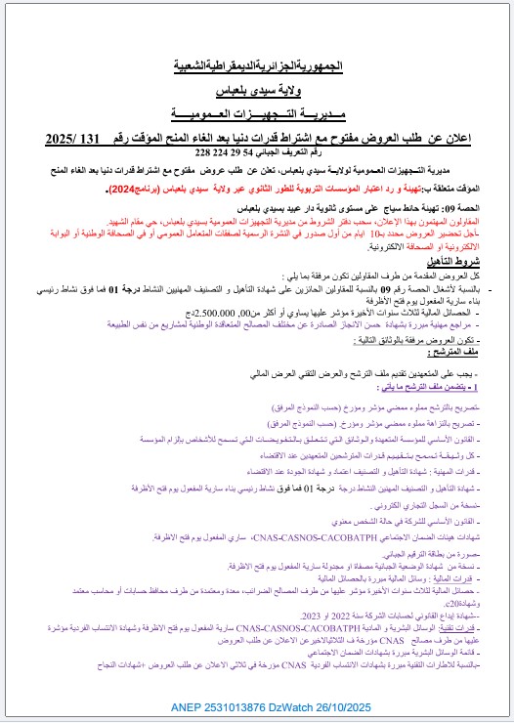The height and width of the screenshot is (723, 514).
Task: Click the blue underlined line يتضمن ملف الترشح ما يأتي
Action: pyautogui.click(x=450, y=388)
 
